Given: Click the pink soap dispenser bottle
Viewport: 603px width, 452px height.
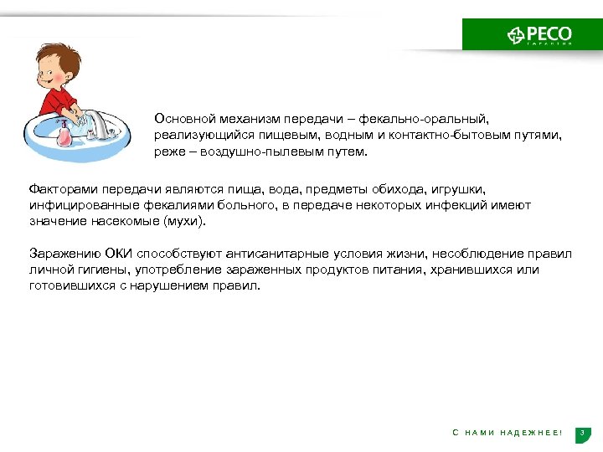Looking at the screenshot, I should (62, 133).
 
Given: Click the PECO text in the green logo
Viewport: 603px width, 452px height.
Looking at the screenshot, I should (549, 33).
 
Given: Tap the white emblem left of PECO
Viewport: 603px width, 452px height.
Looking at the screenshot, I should (517, 34).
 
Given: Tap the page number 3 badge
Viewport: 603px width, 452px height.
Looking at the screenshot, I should (584, 432).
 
